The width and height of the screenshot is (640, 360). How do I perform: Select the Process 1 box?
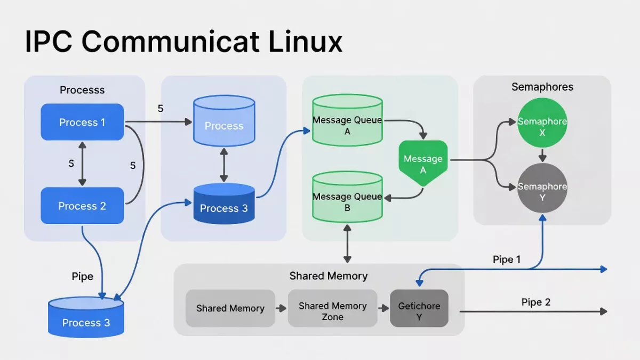[82, 122]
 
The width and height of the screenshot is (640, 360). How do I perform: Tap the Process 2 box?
[82, 206]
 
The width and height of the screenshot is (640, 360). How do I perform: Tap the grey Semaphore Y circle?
[542, 189]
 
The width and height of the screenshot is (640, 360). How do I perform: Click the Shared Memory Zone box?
[332, 311]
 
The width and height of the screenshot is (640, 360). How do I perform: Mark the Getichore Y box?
[419, 311]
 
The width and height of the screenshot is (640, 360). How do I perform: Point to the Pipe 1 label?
[507, 260]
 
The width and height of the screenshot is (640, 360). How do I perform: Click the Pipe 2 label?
[535, 302]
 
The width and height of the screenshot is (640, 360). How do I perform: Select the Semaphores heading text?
[542, 87]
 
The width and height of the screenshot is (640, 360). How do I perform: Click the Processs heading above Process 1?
[82, 90]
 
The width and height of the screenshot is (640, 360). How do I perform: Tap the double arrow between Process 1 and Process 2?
[82, 164]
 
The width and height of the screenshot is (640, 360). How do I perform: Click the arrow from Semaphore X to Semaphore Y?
[542, 156]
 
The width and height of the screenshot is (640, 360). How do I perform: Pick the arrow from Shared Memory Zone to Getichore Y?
[383, 308]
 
